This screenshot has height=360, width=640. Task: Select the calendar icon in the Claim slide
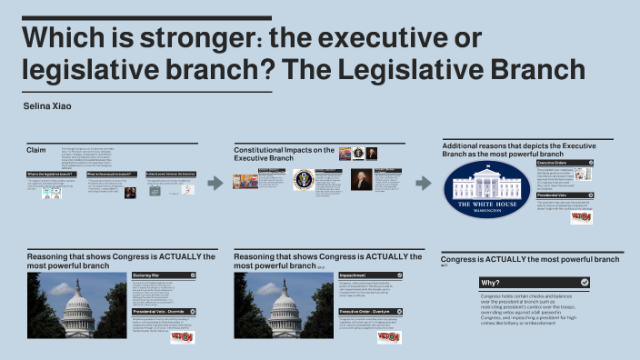154,191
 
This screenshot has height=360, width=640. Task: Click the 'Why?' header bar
535,283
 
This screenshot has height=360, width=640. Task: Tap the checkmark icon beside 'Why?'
584,283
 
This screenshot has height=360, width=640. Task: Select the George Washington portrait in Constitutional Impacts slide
362,179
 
